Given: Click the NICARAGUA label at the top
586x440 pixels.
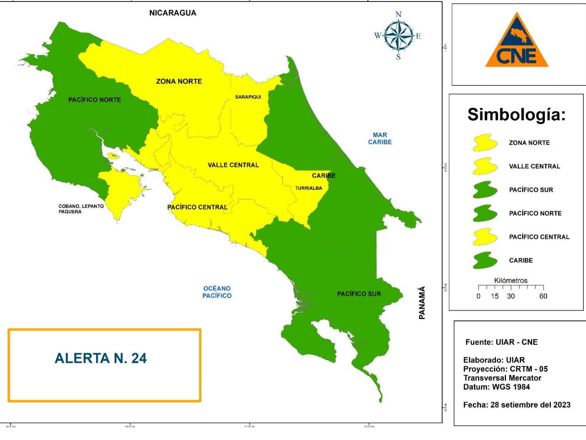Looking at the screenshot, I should pyautogui.click(x=172, y=13).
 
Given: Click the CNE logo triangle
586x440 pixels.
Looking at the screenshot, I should pyautogui.click(x=516, y=42).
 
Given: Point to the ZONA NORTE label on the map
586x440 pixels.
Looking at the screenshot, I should pyautogui.click(x=179, y=81).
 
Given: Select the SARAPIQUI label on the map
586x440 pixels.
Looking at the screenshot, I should pyautogui.click(x=248, y=97).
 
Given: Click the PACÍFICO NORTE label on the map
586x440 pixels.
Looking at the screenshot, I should pyautogui.click(x=94, y=100).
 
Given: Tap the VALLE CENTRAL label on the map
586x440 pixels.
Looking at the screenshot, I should pyautogui.click(x=233, y=165).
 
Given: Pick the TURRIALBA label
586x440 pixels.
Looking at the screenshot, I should pyautogui.click(x=308, y=188).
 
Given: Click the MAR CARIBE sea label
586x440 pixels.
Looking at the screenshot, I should pyautogui.click(x=380, y=138).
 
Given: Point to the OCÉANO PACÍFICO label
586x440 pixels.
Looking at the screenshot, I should pyautogui.click(x=217, y=292).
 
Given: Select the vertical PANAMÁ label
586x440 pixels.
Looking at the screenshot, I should pyautogui.click(x=422, y=302).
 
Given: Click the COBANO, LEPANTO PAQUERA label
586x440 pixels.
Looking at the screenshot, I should pyautogui.click(x=81, y=209).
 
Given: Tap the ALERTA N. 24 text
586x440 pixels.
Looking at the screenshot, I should pyautogui.click(x=100, y=358).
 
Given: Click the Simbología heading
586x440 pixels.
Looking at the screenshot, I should pyautogui.click(x=516, y=114).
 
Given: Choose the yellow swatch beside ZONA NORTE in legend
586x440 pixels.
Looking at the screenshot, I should pyautogui.click(x=485, y=143).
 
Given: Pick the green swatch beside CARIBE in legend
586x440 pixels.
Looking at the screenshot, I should pyautogui.click(x=485, y=260).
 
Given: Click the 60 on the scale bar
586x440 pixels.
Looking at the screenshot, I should pyautogui.click(x=543, y=296).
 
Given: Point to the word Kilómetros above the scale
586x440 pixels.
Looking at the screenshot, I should pyautogui.click(x=511, y=280).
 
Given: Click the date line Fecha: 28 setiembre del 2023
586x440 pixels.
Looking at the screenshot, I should pyautogui.click(x=517, y=405).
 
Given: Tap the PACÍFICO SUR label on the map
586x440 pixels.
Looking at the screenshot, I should pyautogui.click(x=359, y=294).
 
